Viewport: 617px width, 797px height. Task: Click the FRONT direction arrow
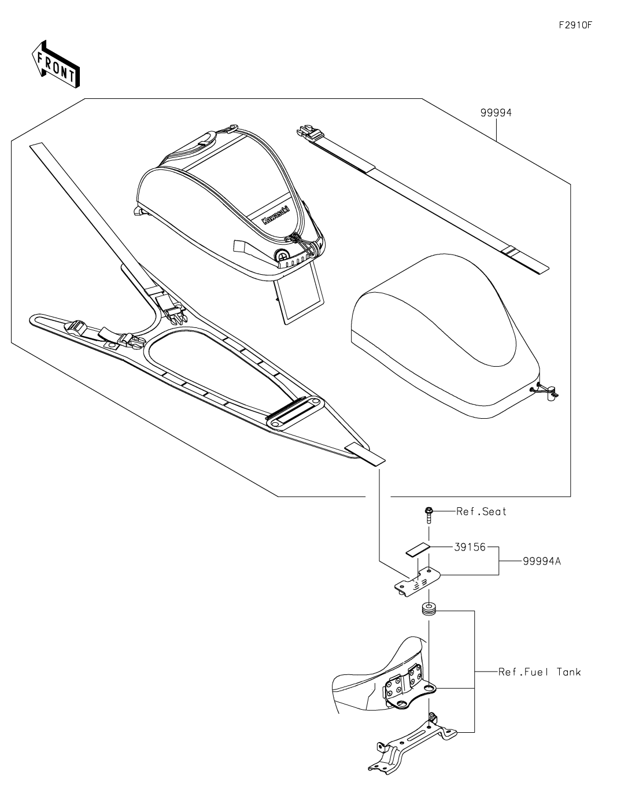tap(56, 64)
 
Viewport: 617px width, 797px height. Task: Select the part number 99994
tap(496, 113)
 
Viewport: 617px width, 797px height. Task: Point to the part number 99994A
tap(541, 560)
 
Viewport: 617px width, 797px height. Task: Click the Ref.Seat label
tap(481, 511)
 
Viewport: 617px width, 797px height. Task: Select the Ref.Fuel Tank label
tap(539, 672)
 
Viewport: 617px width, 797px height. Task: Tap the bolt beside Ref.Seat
tap(428, 514)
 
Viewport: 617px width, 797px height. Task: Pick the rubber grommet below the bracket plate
tap(428, 610)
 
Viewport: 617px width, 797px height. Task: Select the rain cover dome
tap(445, 330)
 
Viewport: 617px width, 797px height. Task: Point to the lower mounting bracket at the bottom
tap(411, 746)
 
